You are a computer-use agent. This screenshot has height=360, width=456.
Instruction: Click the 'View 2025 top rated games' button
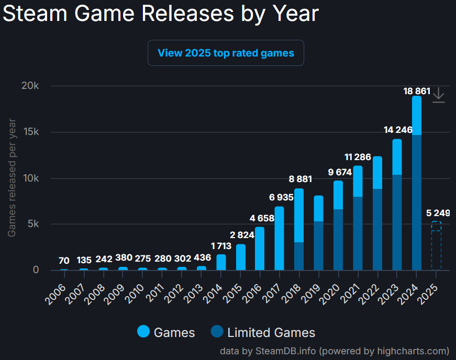[x=226, y=53]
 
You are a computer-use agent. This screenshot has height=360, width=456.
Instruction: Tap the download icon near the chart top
[x=439, y=95]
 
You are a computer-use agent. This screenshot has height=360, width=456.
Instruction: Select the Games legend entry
[x=166, y=332]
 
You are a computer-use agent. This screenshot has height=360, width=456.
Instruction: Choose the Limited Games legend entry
[x=263, y=332]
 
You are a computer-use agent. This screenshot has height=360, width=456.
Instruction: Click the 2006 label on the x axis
[x=61, y=287]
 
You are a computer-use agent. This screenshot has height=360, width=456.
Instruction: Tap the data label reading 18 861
[x=417, y=91]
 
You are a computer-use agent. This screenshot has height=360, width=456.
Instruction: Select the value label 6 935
[x=279, y=197]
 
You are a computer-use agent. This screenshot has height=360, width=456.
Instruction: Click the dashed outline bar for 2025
[x=436, y=246]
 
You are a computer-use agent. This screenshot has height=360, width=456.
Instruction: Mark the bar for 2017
[x=280, y=238]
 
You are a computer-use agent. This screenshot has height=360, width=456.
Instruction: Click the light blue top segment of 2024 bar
[x=417, y=116]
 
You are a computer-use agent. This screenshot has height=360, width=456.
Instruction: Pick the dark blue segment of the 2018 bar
[x=299, y=256]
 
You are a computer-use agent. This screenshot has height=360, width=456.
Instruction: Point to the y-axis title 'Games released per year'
[x=12, y=178]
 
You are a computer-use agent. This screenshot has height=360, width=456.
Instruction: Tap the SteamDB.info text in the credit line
[x=285, y=351]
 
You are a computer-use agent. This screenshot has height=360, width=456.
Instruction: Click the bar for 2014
[x=221, y=262]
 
